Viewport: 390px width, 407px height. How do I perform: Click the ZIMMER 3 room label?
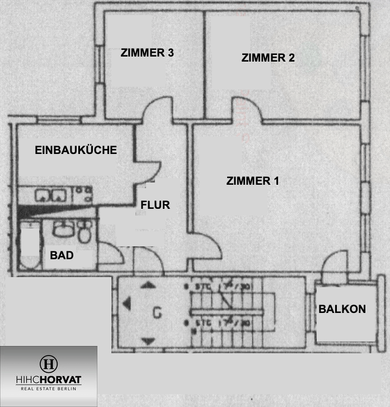coord(147,53)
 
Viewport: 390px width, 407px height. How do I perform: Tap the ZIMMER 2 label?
coord(268,58)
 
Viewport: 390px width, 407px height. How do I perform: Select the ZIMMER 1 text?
coord(253,181)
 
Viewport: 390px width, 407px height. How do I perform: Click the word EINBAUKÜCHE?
coord(76,150)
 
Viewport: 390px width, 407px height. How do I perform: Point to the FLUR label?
coord(155,205)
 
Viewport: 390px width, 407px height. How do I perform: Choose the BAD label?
coord(62,255)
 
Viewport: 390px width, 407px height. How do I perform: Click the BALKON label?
coord(342,308)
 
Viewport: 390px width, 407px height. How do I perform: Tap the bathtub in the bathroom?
coord(29,246)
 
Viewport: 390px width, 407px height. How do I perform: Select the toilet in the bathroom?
coord(84,232)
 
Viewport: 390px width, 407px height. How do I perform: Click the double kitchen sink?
coord(51,195)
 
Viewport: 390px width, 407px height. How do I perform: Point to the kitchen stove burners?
coord(83,195)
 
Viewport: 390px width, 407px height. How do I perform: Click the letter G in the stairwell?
coord(157,314)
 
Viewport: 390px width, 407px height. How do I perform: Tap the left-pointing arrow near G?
coord(126,304)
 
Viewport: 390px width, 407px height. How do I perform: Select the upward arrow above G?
coord(148,284)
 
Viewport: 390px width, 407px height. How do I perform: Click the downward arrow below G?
coord(149,340)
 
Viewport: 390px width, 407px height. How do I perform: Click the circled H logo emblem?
coord(48,363)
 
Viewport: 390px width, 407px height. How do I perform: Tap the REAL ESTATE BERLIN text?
coord(48,388)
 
